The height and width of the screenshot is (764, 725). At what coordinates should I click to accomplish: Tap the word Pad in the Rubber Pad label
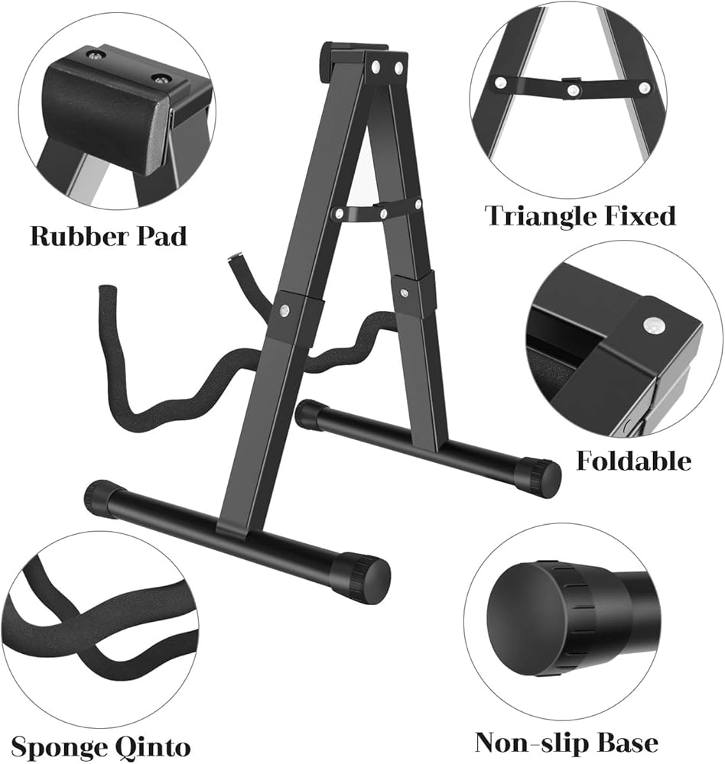(x=163, y=236)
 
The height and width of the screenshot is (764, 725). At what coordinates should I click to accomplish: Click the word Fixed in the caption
(x=642, y=216)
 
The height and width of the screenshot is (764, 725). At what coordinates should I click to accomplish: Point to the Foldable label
(x=634, y=461)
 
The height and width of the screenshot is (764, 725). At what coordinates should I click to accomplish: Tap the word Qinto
(x=154, y=747)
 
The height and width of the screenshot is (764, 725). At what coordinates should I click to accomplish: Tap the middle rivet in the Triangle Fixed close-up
(x=574, y=89)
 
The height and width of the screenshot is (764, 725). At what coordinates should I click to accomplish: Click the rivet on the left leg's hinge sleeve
(x=284, y=309)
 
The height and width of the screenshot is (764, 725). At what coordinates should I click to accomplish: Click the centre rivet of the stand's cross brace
(x=383, y=213)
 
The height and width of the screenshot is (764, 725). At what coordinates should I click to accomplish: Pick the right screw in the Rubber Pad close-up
(x=161, y=79)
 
